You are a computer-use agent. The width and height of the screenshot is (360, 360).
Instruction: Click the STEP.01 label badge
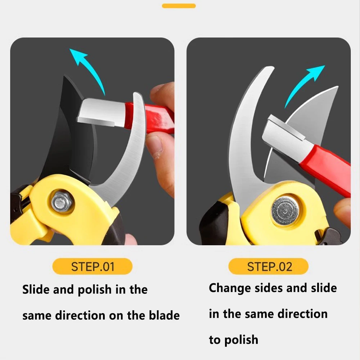(93, 266)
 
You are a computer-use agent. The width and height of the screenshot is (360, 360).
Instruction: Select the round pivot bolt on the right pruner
(285, 211)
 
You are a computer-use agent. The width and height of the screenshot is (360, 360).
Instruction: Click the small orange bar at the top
(179, 6)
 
